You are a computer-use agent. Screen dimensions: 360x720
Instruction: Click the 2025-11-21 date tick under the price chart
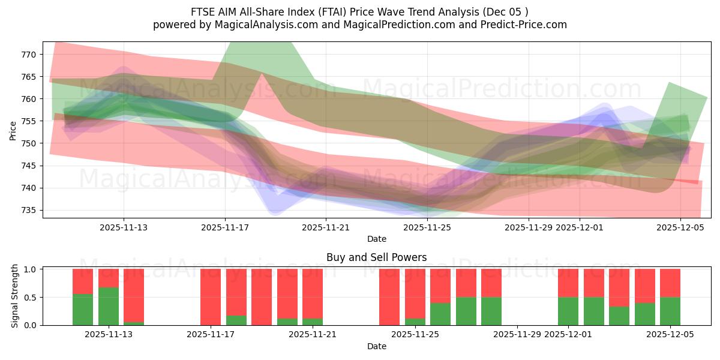(x=326, y=228)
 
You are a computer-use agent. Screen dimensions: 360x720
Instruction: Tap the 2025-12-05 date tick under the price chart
(x=680, y=228)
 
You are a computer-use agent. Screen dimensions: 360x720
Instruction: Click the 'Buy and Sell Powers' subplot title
(x=376, y=257)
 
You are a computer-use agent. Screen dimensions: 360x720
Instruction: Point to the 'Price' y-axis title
(x=13, y=130)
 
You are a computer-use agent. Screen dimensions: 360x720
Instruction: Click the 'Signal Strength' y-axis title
(x=15, y=297)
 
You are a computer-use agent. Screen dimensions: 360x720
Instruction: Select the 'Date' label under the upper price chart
(x=376, y=239)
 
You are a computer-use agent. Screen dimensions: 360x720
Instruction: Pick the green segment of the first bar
(x=83, y=310)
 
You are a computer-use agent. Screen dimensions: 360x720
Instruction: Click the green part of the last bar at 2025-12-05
(x=670, y=311)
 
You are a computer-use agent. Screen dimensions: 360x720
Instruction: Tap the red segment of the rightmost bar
(x=670, y=283)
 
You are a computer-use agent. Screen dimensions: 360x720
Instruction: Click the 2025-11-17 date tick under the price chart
(x=225, y=228)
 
